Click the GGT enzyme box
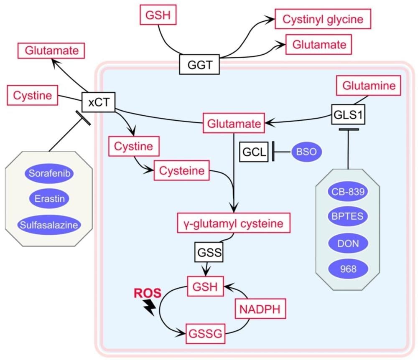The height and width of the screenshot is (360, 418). pyautogui.click(x=199, y=64)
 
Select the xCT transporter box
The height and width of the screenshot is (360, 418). pyautogui.click(x=99, y=101)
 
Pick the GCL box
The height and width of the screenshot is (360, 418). pyautogui.click(x=253, y=152)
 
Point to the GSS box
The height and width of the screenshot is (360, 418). pyautogui.click(x=208, y=253)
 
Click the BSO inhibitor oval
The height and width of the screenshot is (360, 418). pyautogui.click(x=306, y=152)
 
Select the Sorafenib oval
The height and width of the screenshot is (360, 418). pyautogui.click(x=49, y=173)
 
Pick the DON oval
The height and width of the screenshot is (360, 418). pyautogui.click(x=348, y=243)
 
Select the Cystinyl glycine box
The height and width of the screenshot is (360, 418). pyautogui.click(x=323, y=19)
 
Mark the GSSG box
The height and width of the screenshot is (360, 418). pyautogui.click(x=208, y=334)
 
